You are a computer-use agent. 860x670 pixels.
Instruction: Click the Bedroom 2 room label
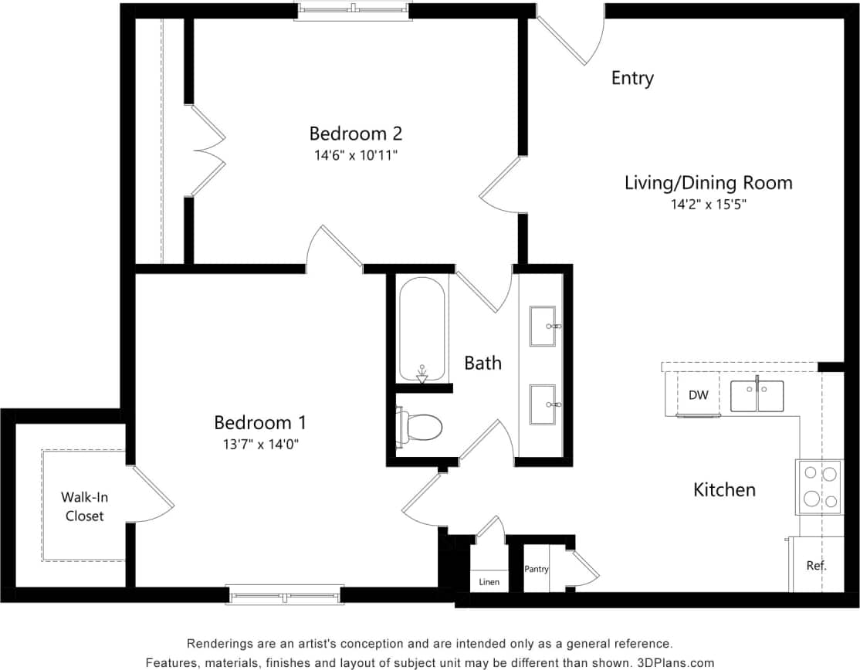click(x=356, y=134)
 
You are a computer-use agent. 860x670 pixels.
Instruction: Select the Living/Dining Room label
click(x=708, y=183)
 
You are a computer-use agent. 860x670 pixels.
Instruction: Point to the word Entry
click(x=632, y=78)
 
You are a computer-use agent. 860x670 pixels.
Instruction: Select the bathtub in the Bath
click(x=422, y=329)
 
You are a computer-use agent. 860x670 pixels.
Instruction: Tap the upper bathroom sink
click(x=543, y=327)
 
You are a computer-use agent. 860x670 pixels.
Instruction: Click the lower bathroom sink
click(x=543, y=404)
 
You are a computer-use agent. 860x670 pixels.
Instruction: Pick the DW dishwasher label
click(x=698, y=395)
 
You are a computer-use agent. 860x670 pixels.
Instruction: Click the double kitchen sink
click(x=757, y=396)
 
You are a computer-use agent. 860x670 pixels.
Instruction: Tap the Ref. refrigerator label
click(x=816, y=565)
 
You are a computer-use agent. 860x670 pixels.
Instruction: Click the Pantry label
click(x=536, y=570)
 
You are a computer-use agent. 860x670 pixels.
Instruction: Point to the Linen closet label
click(x=489, y=582)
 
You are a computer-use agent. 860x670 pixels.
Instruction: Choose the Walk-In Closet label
click(x=84, y=507)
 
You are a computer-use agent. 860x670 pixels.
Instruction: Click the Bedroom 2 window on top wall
click(x=353, y=10)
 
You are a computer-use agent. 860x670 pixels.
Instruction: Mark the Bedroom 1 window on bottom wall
click(x=285, y=595)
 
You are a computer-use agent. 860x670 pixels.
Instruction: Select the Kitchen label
click(x=724, y=489)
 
